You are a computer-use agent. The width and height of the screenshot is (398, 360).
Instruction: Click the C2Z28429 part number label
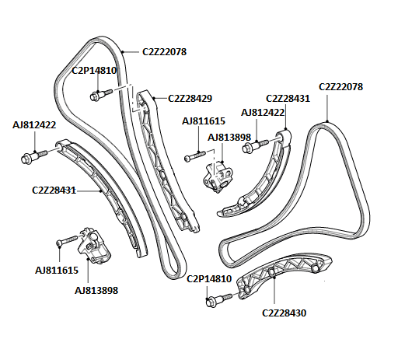[x=190, y=99]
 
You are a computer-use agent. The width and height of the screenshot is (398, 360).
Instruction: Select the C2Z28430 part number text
[x=284, y=313]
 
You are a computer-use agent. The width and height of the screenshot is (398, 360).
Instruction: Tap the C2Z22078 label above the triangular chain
[x=340, y=86]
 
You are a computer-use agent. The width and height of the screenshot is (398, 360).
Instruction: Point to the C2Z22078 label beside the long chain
[x=164, y=52]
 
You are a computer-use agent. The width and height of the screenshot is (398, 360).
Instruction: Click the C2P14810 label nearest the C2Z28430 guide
[x=209, y=279]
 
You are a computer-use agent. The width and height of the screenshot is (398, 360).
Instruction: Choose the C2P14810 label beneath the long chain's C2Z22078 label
[x=94, y=71]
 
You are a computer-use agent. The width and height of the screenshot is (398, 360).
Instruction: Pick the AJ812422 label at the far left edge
[x=34, y=125]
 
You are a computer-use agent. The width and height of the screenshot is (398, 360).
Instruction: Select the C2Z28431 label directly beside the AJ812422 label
[x=288, y=99]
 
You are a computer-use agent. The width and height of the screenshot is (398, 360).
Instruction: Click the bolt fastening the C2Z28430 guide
[x=219, y=299]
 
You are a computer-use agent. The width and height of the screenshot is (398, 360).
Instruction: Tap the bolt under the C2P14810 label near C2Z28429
[x=101, y=95]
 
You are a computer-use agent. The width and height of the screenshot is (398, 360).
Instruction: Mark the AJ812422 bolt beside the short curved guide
[x=256, y=146]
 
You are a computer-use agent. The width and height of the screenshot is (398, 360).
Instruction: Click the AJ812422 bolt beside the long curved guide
[x=34, y=156]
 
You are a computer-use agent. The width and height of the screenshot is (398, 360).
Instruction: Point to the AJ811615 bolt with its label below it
[x=67, y=240]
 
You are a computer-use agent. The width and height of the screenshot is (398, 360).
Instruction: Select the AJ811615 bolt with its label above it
[x=195, y=156]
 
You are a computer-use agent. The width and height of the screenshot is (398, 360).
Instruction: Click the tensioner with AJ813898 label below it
[x=94, y=246]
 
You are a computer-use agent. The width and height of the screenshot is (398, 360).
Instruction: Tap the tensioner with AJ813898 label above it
[x=218, y=177]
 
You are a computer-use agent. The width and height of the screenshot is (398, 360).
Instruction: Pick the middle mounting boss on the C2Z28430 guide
[x=271, y=271]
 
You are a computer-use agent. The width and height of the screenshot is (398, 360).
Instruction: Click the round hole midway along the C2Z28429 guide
[x=162, y=174]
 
